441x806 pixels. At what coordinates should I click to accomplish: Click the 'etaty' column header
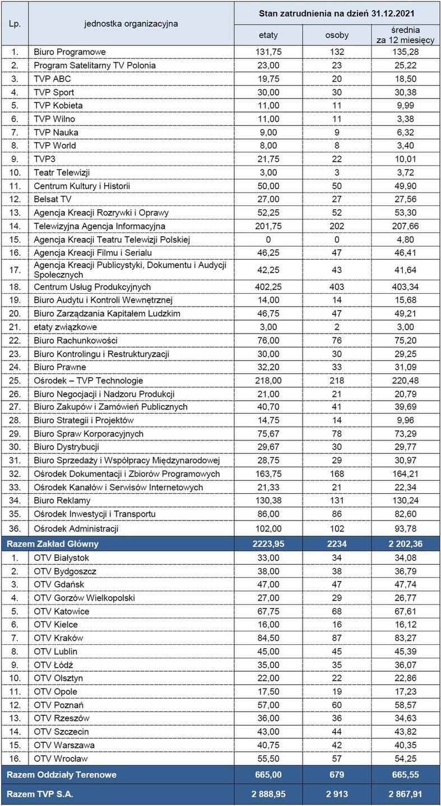268,35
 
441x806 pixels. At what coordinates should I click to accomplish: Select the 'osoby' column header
337,35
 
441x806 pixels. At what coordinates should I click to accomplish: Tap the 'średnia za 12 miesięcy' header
406,35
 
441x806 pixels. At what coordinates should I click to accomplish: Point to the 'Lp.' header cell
14,24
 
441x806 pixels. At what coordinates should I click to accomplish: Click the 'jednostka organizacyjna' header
131,24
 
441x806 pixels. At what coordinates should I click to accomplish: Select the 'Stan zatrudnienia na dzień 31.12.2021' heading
337,12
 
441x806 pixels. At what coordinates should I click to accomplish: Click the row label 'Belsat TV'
53,199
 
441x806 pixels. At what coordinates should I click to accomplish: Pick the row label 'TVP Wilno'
54,119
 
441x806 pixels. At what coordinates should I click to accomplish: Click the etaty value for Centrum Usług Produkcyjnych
268,287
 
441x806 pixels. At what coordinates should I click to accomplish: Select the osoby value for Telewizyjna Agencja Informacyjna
337,226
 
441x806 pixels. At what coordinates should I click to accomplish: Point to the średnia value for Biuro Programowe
406,52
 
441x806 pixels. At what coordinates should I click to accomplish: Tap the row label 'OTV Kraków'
58,638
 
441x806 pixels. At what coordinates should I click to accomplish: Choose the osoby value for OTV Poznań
337,705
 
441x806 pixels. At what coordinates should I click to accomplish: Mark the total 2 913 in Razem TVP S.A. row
337,794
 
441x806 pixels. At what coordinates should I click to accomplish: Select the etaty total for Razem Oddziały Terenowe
268,775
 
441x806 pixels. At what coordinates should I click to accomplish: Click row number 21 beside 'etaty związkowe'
14,327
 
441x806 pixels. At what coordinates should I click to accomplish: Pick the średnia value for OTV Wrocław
406,758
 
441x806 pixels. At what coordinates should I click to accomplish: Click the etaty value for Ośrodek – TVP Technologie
268,381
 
